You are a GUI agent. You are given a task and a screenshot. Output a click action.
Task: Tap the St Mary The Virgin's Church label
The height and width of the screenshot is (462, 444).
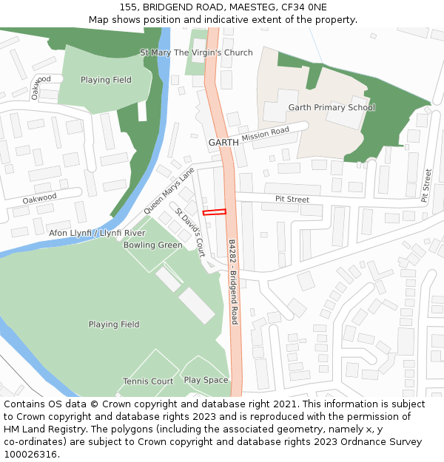[x=196, y=52]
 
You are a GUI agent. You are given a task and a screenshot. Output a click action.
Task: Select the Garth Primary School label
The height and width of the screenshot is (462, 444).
[x=332, y=107]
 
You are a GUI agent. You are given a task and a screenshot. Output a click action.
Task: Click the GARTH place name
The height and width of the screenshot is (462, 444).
[x=223, y=142]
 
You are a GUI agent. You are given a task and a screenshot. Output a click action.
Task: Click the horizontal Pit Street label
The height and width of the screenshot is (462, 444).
[x=292, y=200]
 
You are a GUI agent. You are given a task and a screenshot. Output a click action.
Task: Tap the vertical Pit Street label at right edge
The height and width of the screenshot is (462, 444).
[x=426, y=186]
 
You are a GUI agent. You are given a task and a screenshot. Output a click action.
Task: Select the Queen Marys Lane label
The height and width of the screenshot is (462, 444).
[x=169, y=191]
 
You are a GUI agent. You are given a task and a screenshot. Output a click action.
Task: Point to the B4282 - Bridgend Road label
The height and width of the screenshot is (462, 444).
[x=232, y=281]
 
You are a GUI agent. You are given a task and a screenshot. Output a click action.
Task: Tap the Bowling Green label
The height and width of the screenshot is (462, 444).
[x=152, y=245]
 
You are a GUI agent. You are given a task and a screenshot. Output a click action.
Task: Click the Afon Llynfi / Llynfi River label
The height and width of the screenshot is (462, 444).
[x=97, y=233]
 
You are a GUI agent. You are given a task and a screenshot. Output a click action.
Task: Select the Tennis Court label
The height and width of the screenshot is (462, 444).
[x=148, y=381]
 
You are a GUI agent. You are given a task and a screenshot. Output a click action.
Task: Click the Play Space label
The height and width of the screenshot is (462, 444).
[x=206, y=380]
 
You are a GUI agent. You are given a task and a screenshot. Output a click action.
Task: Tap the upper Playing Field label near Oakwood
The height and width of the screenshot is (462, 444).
[x=106, y=80]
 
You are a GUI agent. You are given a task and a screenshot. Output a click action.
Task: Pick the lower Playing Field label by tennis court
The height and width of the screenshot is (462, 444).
[x=114, y=325]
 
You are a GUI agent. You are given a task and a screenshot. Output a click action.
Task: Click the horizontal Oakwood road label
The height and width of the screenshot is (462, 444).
[x=39, y=198]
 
